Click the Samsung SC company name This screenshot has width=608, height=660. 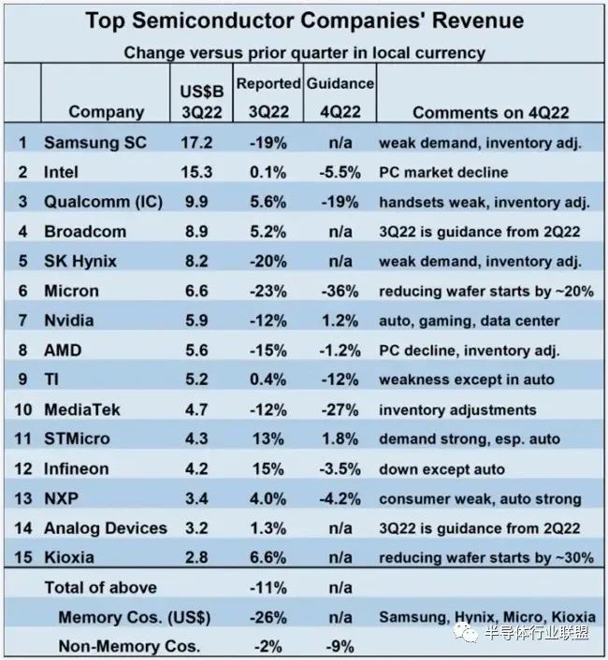coord(95,143)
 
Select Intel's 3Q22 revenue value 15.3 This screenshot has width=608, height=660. coord(196,172)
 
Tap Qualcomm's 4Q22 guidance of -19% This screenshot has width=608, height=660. coord(340,202)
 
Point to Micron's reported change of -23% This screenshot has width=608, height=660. coord(268,291)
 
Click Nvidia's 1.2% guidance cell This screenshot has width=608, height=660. coord(340,321)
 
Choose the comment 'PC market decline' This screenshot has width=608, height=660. coord(443,172)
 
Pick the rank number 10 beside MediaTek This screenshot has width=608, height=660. coord(23,409)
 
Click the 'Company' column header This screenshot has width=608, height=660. coord(106,112)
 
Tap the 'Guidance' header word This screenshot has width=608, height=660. coord(340,84)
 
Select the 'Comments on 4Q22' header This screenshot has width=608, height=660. coord(490,112)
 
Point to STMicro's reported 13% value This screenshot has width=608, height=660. coord(268,439)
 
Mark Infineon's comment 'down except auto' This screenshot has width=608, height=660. coord(442,469)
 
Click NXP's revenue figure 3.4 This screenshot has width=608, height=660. coord(196,499)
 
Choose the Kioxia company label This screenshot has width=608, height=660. coord(69,558)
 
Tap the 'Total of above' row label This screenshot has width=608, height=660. coord(101,588)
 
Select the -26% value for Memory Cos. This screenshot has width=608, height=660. coord(268,618)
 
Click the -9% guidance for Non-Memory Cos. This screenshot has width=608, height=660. coord(340,647)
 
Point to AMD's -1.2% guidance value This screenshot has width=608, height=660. coord(340,351)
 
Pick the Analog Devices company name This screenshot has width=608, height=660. coord(106,528)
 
